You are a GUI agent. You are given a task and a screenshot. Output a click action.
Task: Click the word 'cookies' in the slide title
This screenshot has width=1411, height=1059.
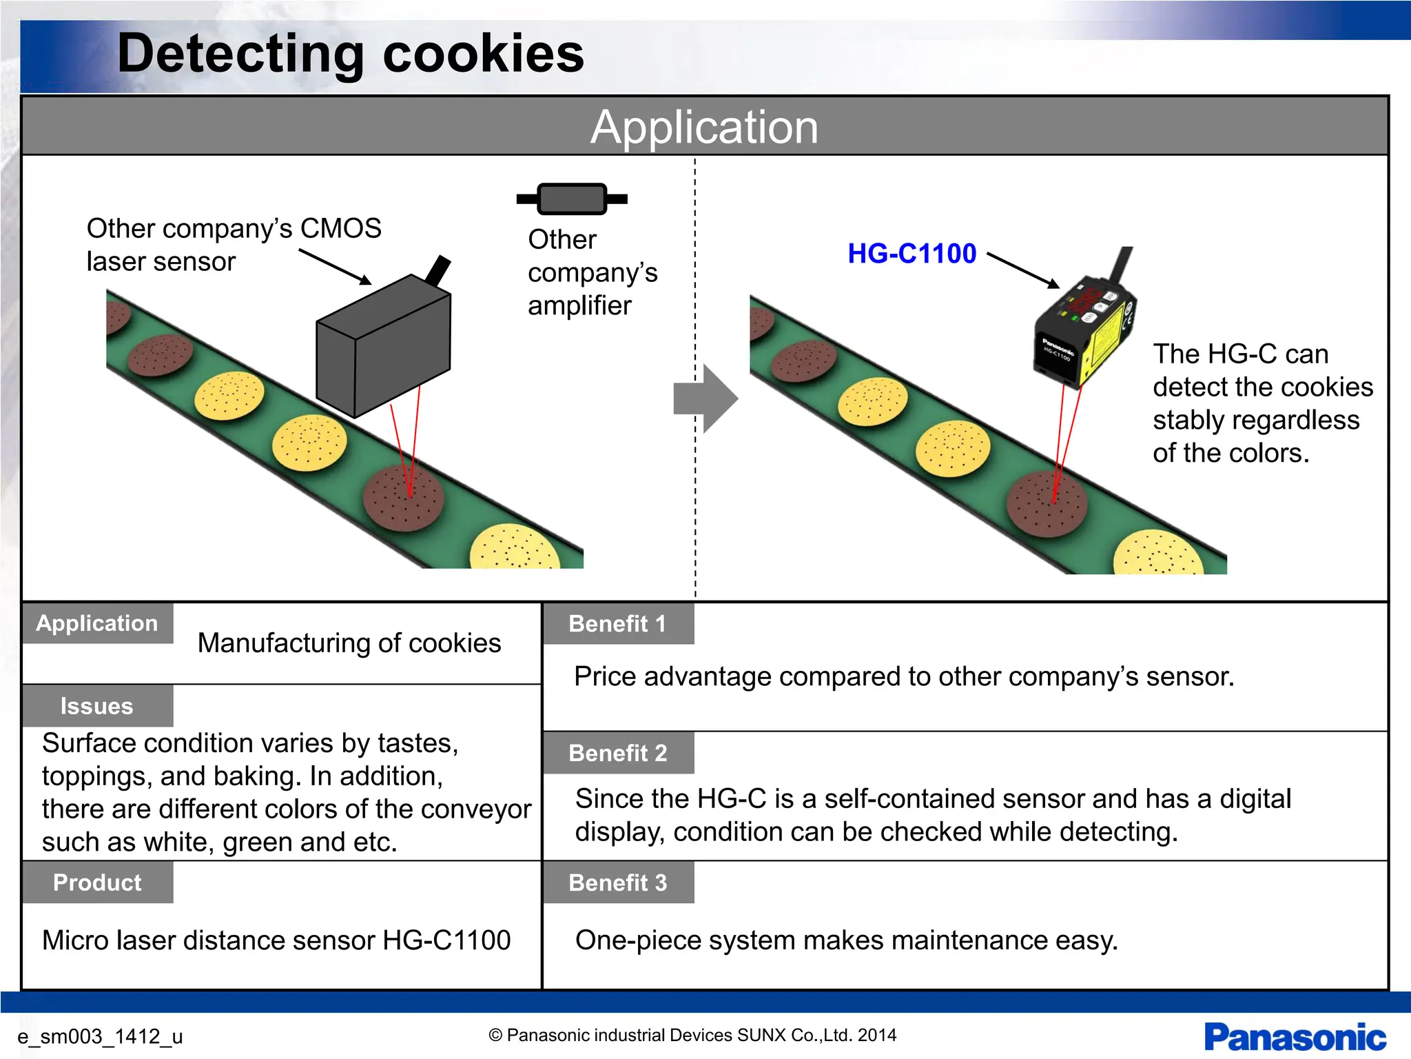482,54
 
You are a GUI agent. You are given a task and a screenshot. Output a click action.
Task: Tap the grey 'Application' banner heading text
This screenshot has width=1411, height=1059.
704,127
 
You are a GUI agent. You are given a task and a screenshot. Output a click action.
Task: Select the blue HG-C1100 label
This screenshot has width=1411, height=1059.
912,254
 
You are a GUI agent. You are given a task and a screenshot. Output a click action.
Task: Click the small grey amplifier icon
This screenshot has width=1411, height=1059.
572,199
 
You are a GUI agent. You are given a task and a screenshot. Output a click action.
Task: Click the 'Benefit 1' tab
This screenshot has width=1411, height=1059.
617,624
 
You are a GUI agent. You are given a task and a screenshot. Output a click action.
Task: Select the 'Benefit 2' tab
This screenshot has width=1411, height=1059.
617,753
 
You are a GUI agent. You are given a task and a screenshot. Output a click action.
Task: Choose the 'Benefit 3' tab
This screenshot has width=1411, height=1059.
617,882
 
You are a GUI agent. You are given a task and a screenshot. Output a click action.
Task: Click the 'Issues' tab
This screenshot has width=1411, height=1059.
96,706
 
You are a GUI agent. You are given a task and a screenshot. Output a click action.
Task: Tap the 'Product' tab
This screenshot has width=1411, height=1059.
96,882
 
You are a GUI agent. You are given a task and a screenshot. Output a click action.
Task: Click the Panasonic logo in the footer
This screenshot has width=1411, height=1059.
1295,1037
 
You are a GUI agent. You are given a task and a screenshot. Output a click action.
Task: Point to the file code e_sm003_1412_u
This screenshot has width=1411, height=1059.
100,1036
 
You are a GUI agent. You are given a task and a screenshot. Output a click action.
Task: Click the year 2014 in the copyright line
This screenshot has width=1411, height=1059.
877,1035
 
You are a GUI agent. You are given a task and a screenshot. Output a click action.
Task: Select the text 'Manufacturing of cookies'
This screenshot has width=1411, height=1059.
349,643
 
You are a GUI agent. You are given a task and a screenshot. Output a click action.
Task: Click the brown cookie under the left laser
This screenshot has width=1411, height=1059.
403,498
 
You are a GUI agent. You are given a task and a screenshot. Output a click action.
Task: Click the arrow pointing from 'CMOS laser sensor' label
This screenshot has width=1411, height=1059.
336,267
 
